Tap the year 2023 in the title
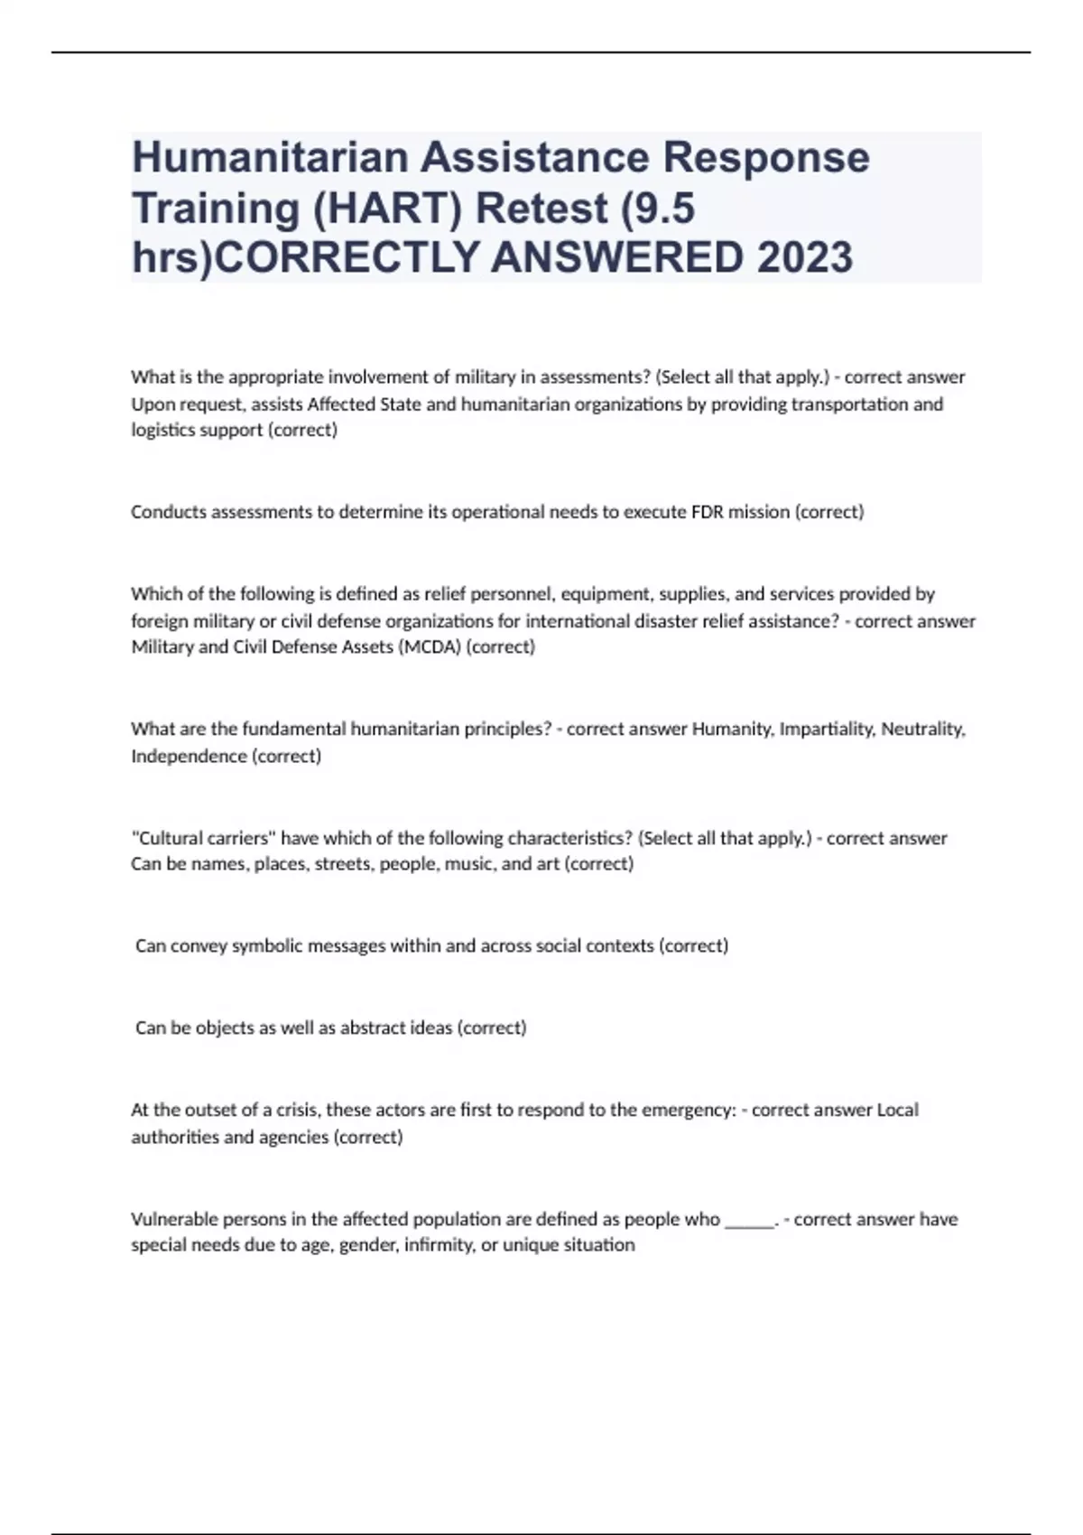pos(805,258)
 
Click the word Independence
pos(189,756)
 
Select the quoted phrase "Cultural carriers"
pos(204,838)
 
